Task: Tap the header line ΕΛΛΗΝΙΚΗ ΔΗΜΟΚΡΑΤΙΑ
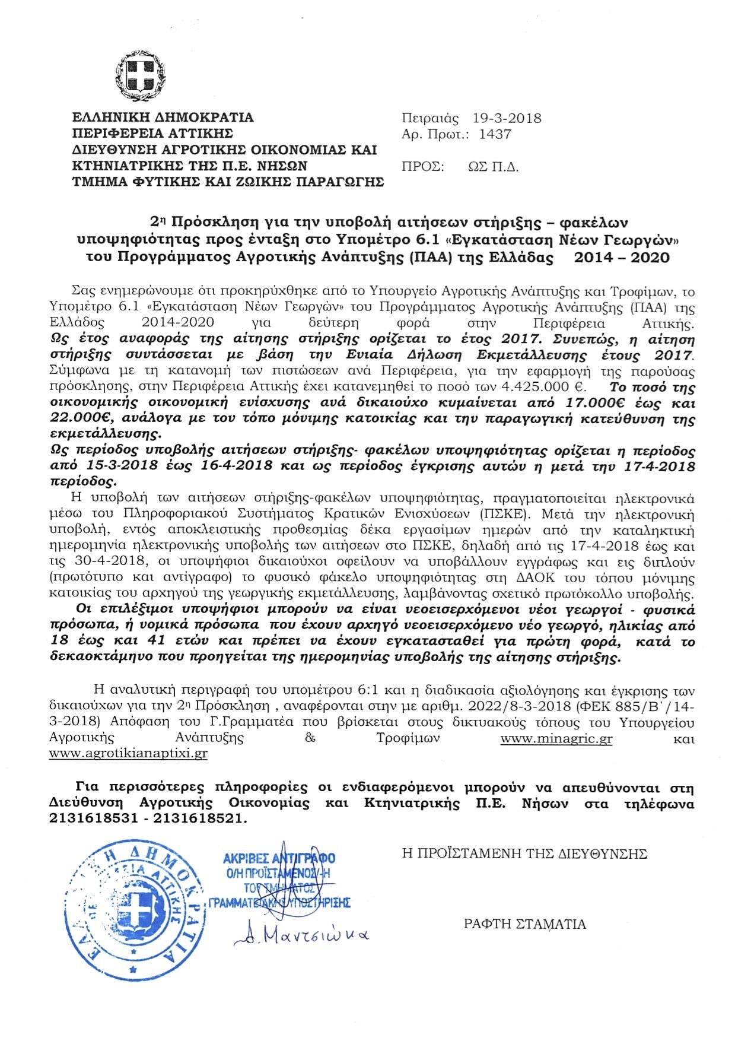[163, 118]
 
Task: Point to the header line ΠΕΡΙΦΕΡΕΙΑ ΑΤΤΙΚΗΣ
[153, 134]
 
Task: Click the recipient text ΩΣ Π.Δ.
[494, 167]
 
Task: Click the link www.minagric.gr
[556, 739]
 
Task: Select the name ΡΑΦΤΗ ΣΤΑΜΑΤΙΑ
[525, 924]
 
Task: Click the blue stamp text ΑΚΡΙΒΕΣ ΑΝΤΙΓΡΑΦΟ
[279, 858]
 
